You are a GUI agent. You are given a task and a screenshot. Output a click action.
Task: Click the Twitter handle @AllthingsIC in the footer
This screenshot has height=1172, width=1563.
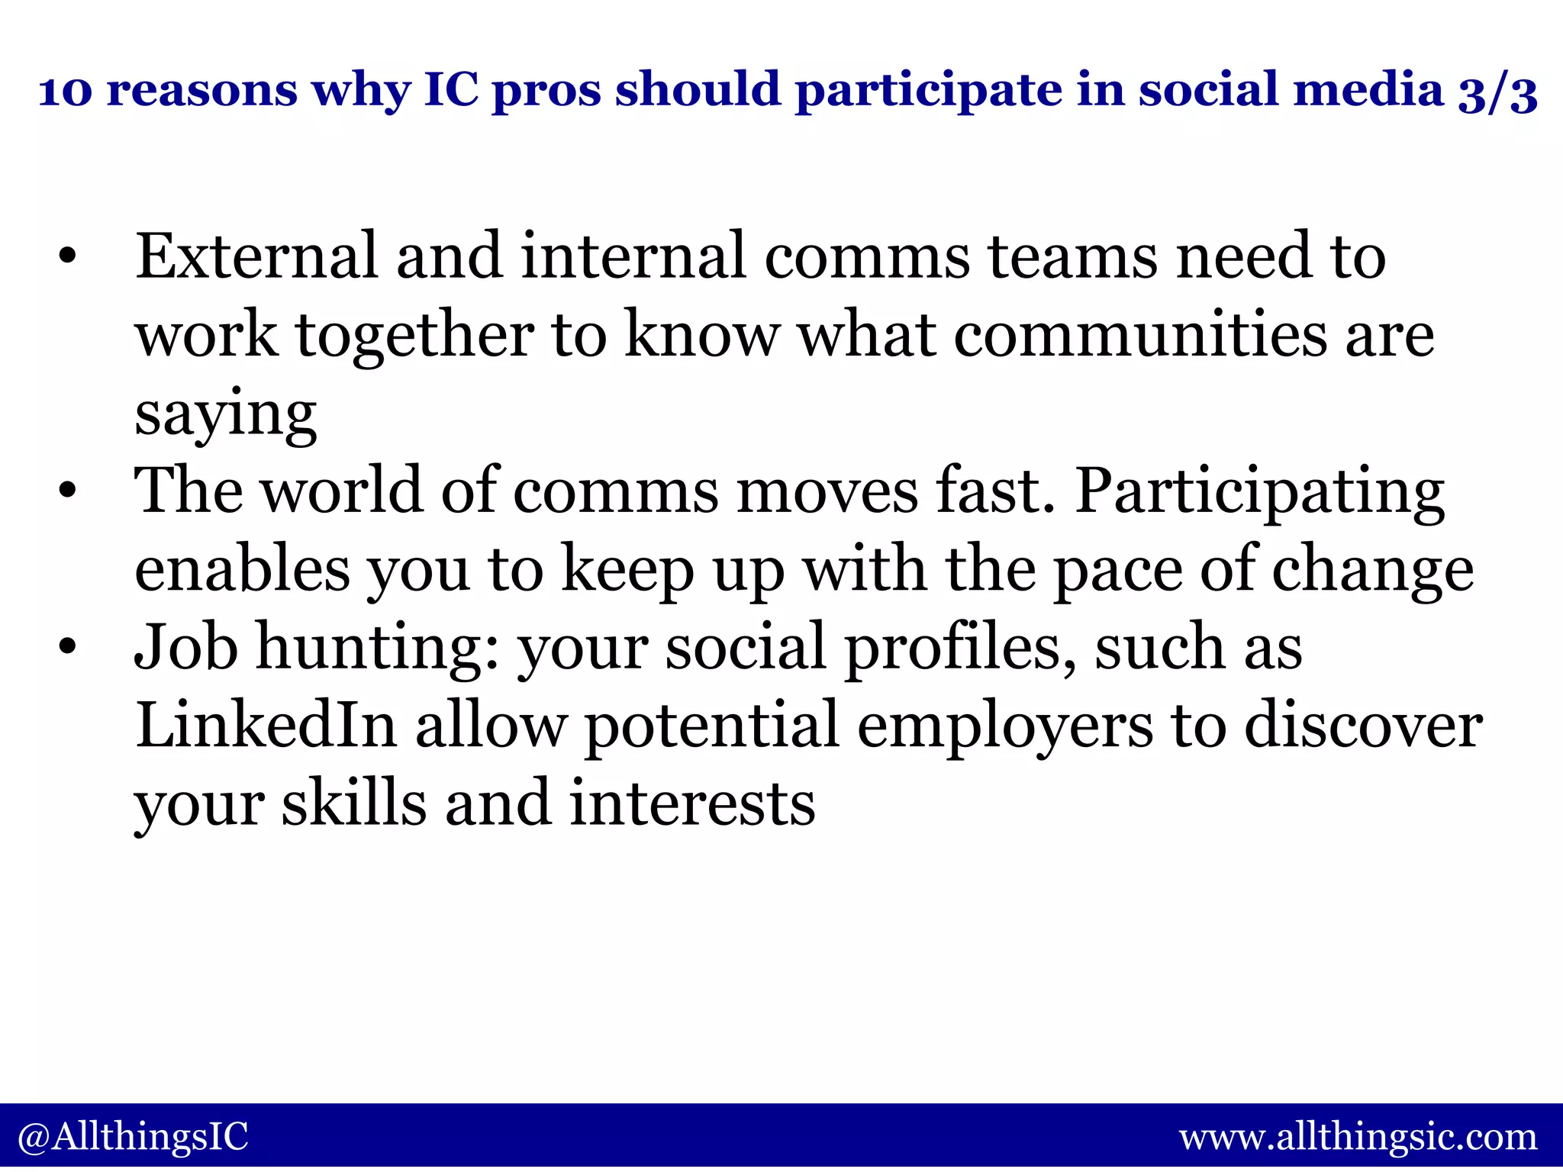click(133, 1137)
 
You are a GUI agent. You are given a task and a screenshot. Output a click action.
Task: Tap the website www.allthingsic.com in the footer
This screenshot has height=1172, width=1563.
click(1358, 1137)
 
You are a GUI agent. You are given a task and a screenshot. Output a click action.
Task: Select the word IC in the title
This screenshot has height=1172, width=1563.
click(451, 90)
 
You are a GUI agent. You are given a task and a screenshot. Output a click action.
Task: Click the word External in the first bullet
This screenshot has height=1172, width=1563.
click(256, 256)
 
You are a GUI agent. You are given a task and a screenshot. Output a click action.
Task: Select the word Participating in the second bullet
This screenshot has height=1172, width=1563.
click(1259, 492)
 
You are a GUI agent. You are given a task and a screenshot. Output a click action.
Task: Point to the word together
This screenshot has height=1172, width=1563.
click(415, 337)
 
